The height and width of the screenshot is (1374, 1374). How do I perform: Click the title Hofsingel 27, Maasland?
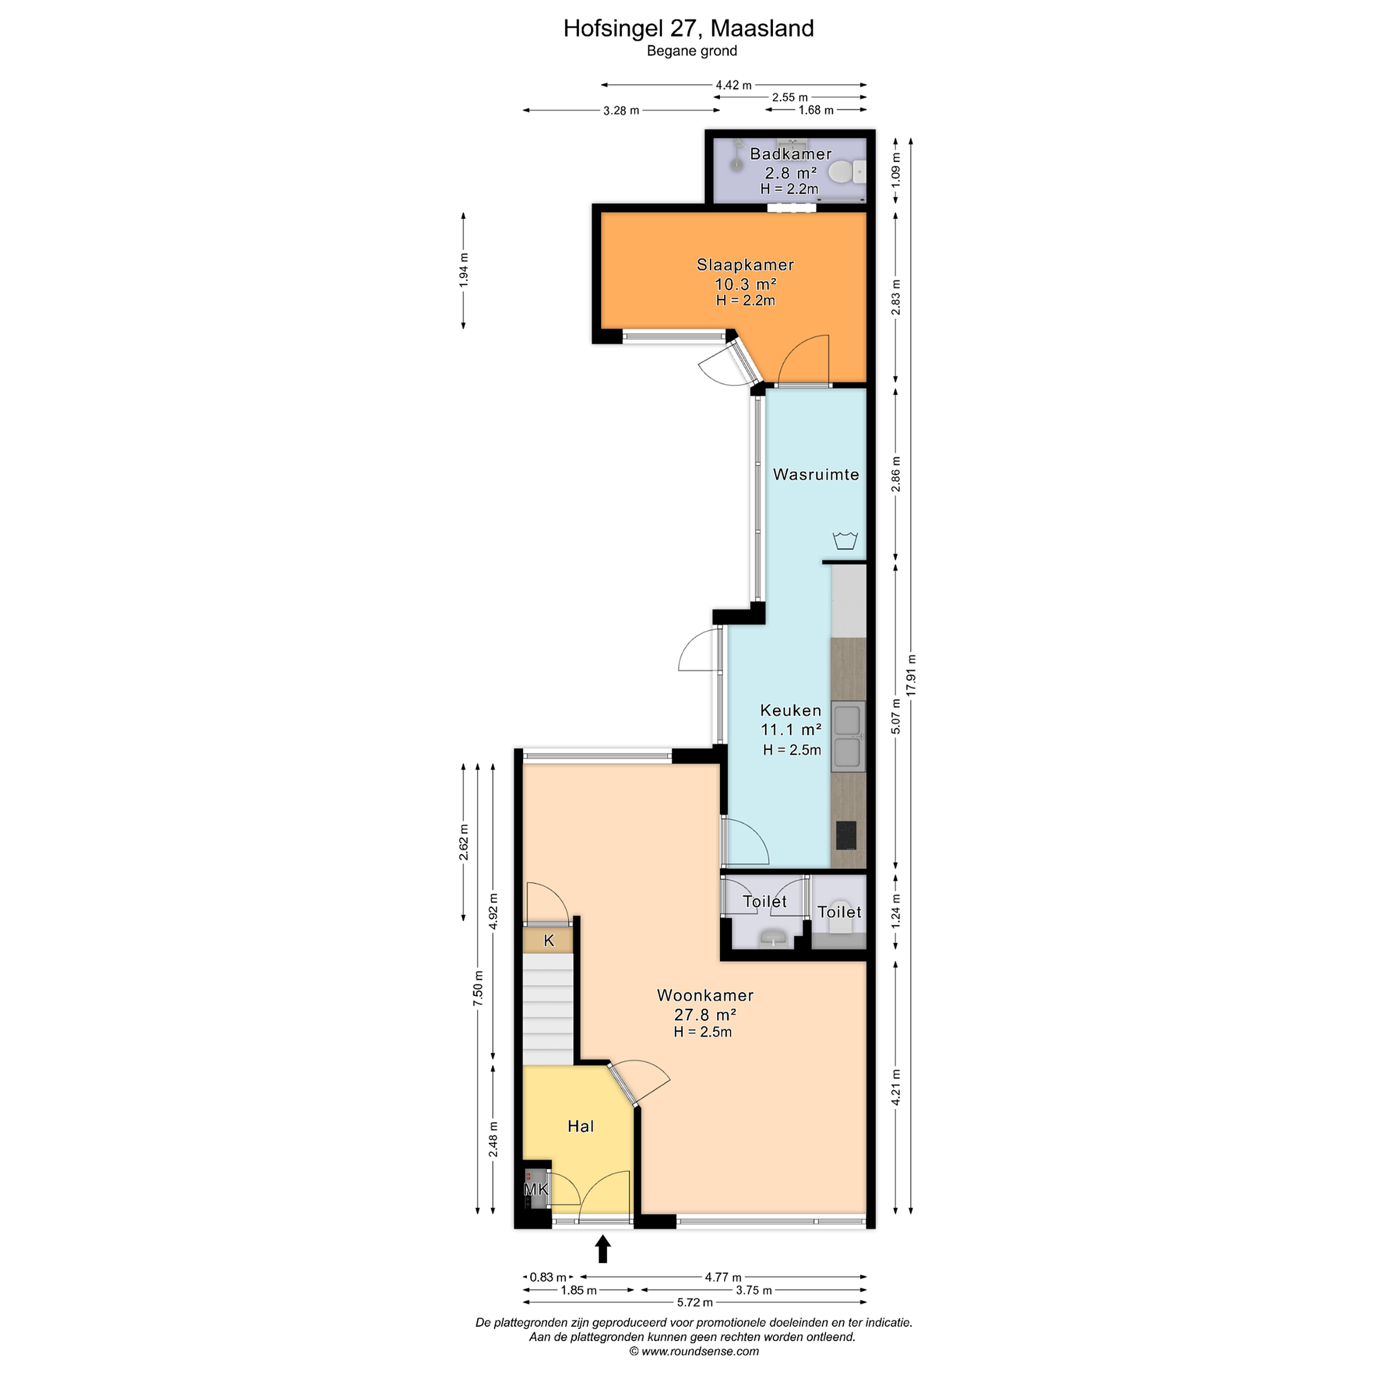click(688, 29)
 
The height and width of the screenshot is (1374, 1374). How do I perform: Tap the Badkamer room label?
click(791, 154)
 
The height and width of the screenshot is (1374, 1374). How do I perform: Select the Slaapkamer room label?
click(745, 265)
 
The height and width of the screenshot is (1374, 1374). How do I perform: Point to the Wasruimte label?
click(816, 474)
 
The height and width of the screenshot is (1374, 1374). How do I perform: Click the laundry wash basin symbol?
click(845, 541)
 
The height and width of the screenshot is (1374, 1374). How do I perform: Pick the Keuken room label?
click(791, 710)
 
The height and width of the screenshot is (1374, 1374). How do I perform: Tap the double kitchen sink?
click(848, 736)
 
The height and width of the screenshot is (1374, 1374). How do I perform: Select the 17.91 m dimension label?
click(911, 674)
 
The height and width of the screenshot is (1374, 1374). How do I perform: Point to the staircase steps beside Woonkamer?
click(548, 1009)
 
